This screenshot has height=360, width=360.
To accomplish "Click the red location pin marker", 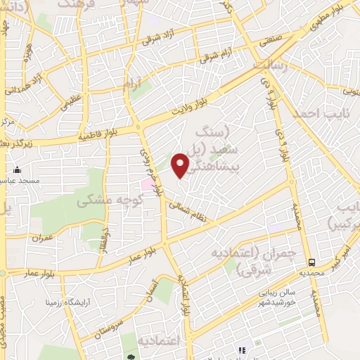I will [x=181, y=166].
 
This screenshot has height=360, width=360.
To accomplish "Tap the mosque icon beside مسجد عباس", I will [x=18, y=170].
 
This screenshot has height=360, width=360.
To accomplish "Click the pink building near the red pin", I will [x=148, y=184].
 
